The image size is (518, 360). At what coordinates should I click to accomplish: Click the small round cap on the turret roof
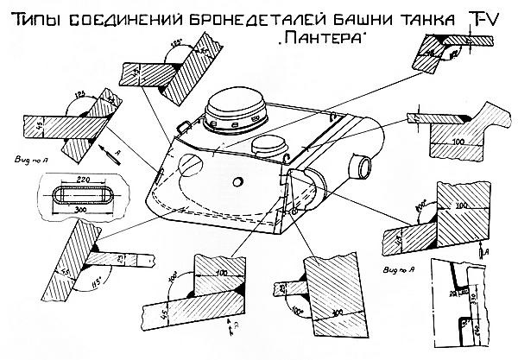tap(267, 143)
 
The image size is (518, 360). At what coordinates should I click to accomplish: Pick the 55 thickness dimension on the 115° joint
tap(45, 271)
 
